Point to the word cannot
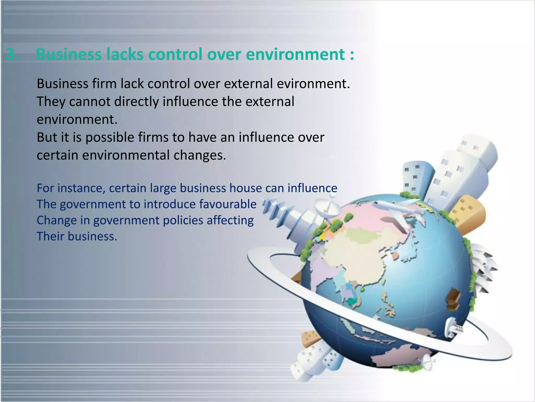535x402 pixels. pos(90,102)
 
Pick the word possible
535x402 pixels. pos(110,138)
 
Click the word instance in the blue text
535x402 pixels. pos(81,188)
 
